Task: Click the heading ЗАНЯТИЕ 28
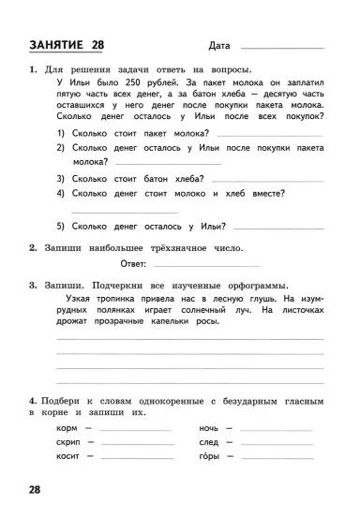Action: [x=67, y=45]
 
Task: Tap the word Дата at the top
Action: [x=220, y=46]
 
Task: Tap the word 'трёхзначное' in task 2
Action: [x=176, y=248]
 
